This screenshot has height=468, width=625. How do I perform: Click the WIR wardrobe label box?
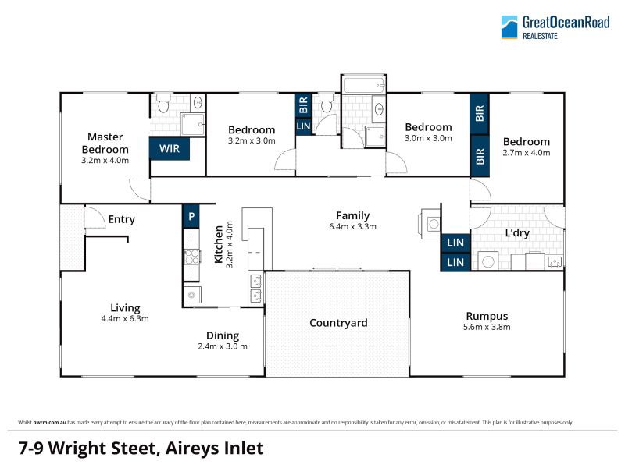pos(170,148)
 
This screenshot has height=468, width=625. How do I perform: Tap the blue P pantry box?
pos(191,216)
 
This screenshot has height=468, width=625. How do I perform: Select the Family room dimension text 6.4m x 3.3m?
pos(353,226)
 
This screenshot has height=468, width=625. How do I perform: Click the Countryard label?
pos(338,322)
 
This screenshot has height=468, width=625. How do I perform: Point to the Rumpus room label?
pos(487,316)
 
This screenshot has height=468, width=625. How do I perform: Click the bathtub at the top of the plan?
pos(363,85)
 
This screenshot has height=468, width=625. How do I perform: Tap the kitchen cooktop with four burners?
pos(191,257)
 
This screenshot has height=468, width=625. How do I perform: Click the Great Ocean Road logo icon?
pos(509,27)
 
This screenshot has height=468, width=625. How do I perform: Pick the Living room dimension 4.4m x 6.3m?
pos(125,318)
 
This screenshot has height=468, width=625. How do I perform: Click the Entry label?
pos(122,219)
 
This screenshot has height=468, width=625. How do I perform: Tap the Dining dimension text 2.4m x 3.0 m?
pos(223,346)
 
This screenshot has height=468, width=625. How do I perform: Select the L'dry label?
pos(517,232)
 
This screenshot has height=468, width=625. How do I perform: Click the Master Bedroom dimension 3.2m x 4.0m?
pos(105,161)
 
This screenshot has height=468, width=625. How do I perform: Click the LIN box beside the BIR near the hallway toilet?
pos(303,126)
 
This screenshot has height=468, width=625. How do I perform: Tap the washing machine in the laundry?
pos(487,261)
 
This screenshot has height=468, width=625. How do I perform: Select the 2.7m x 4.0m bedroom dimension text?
pos(526,152)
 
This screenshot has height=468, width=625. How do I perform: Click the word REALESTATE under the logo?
pos(540,36)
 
